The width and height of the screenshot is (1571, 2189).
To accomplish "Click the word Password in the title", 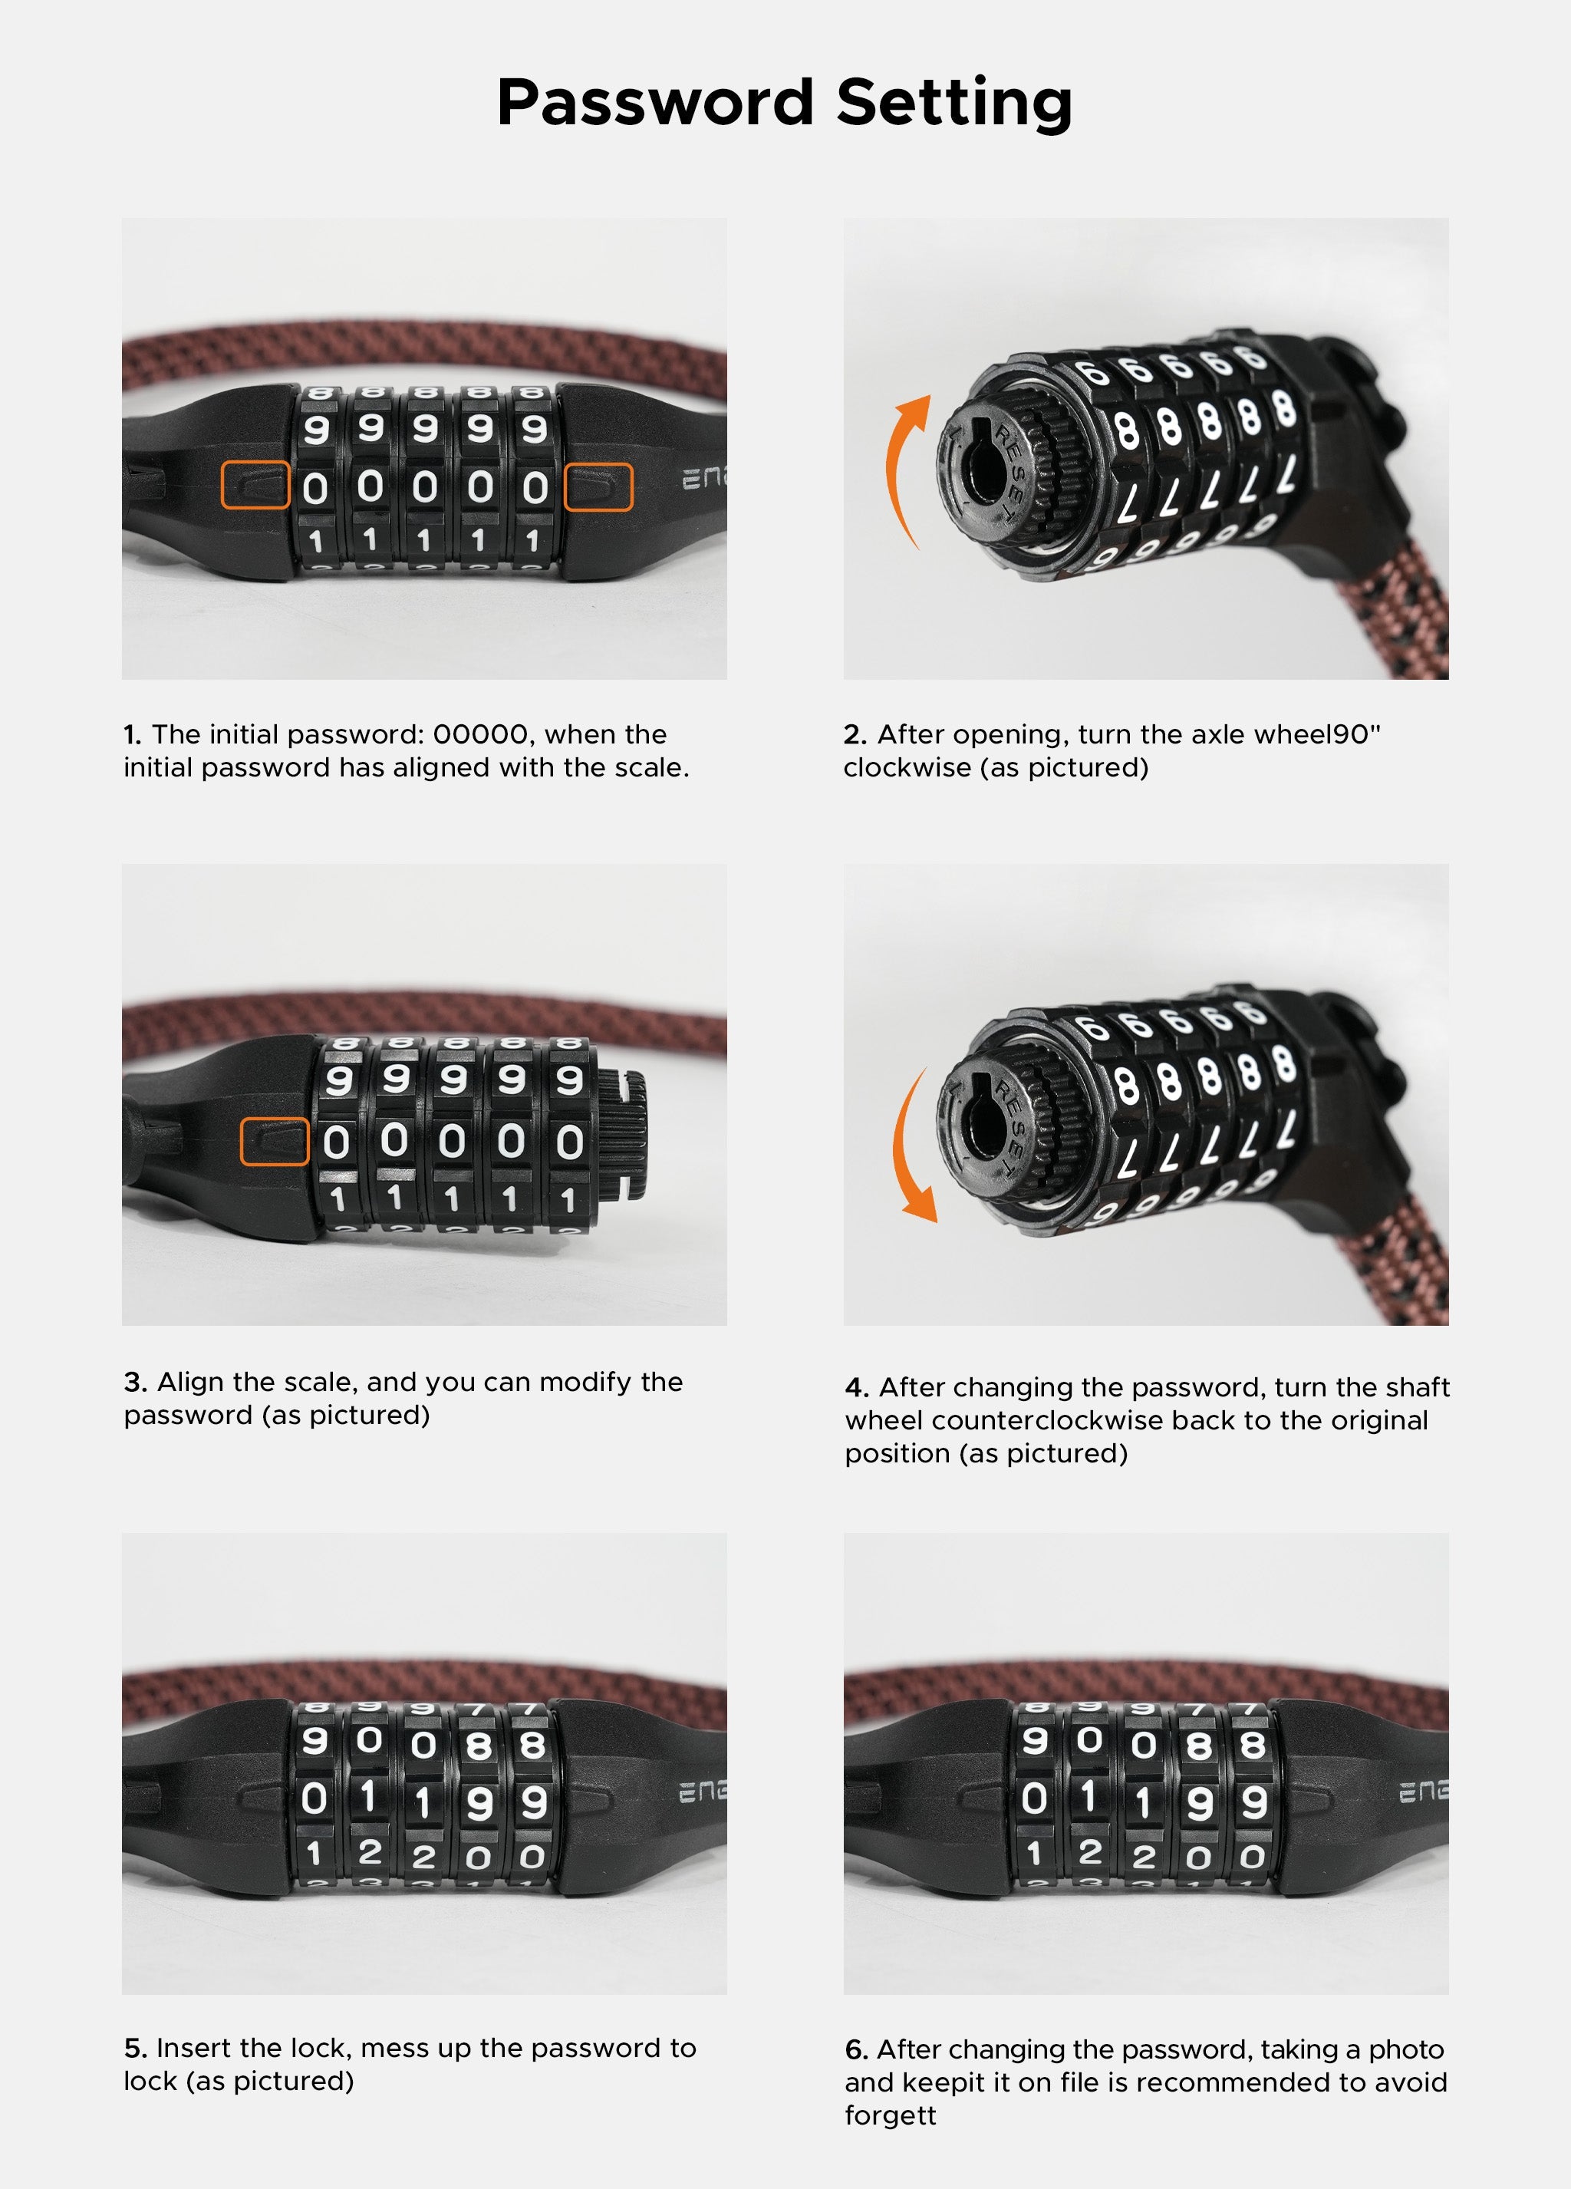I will point(655,102).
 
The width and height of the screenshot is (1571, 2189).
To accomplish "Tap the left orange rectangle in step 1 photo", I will point(255,486).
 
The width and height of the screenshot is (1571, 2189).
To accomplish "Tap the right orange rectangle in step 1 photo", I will point(598,486).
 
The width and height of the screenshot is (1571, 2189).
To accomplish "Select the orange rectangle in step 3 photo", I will point(274,1142).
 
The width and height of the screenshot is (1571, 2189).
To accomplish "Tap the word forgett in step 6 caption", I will point(890,2115).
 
